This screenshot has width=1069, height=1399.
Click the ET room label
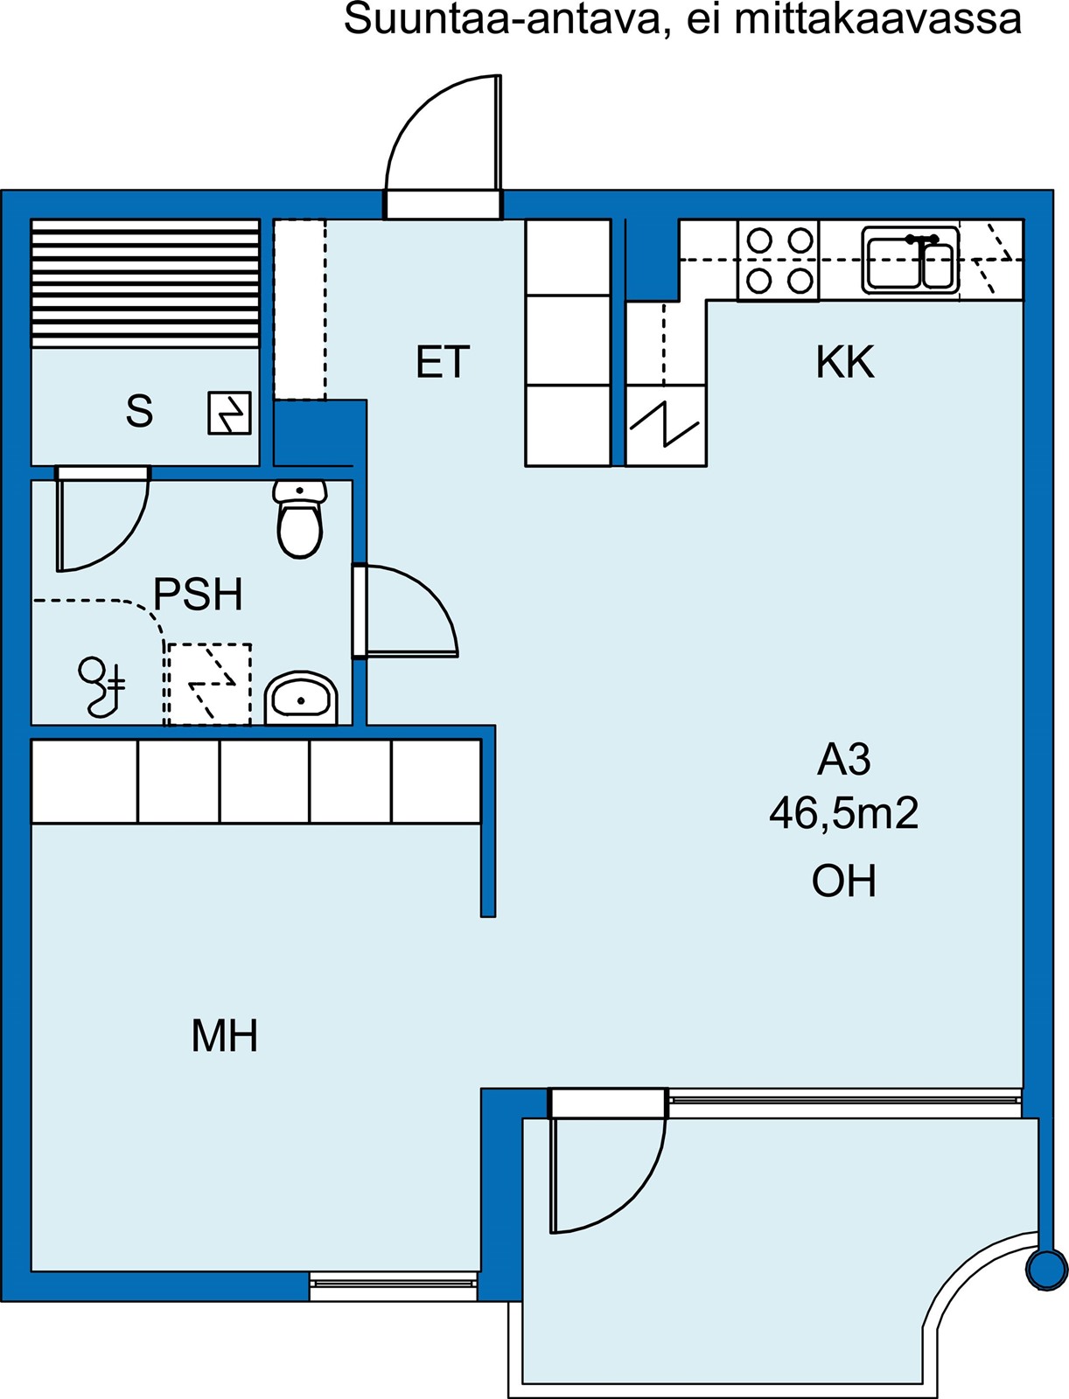tap(443, 361)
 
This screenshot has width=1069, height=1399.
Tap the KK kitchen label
tap(845, 362)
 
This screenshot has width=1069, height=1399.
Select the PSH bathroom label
tap(199, 595)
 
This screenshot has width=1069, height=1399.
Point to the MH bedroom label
tap(224, 1036)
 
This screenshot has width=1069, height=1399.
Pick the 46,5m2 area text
tap(844, 813)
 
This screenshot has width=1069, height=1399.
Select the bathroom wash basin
tap(301, 699)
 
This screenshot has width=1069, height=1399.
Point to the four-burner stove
tap(779, 260)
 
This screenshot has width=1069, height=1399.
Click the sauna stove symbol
tap(229, 413)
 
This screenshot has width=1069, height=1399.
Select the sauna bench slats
tap(145, 283)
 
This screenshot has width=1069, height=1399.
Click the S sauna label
tap(139, 411)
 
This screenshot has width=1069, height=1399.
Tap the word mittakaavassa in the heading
tap(878, 19)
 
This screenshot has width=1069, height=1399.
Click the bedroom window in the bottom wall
tap(394, 1285)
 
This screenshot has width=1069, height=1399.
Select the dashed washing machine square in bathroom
tap(210, 684)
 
